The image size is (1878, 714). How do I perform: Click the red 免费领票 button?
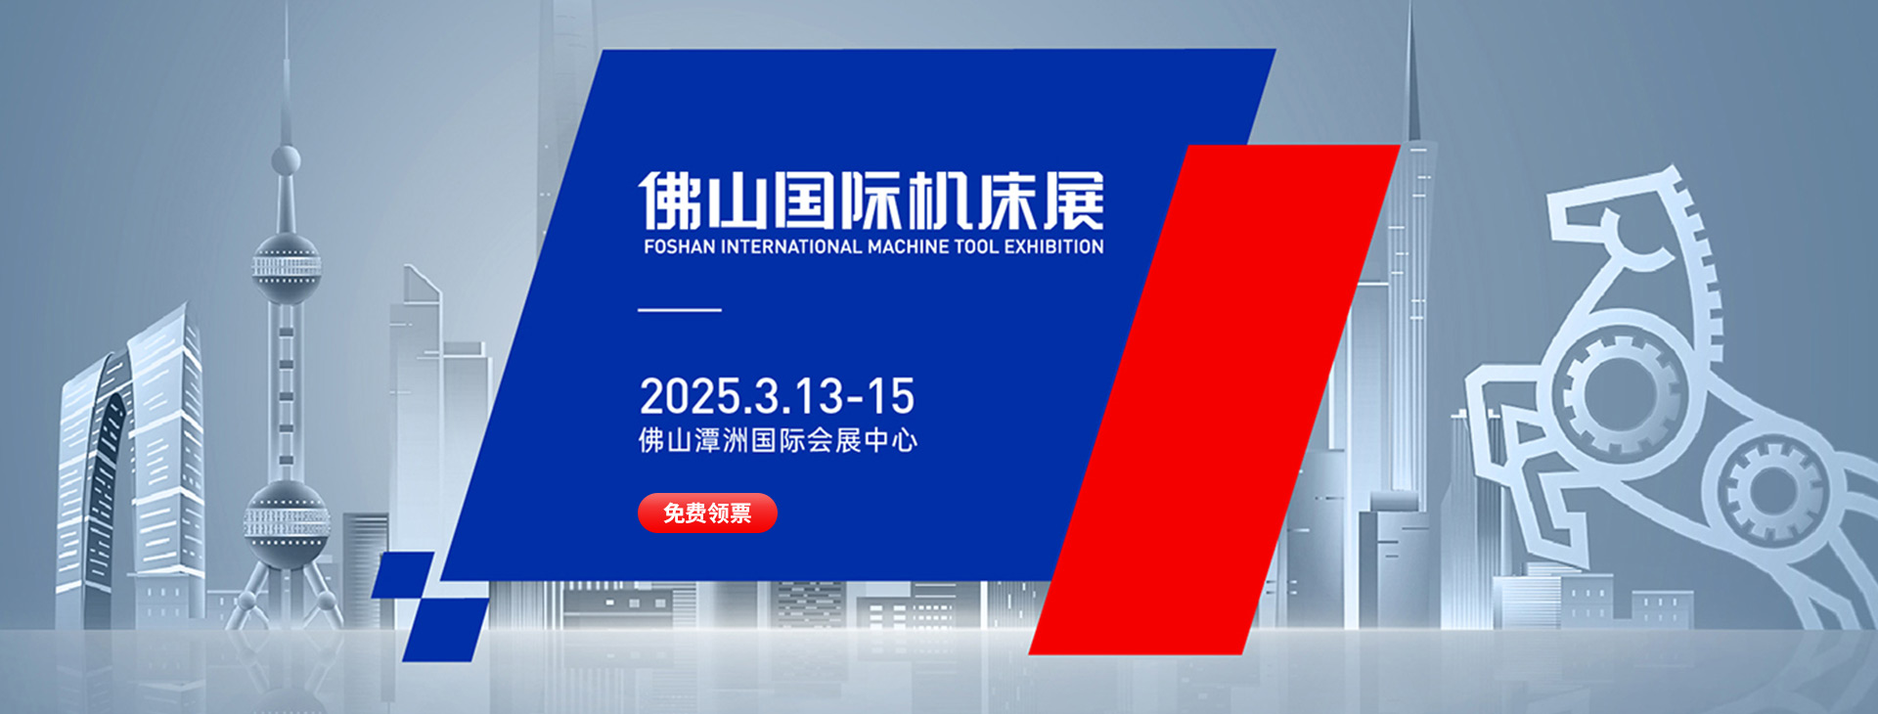(x=707, y=513)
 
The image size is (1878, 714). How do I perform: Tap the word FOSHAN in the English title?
(x=679, y=247)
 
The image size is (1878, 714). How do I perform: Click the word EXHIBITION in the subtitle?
(x=1054, y=247)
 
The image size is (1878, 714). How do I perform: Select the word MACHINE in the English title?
(x=909, y=247)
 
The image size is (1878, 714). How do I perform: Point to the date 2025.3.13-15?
(x=778, y=396)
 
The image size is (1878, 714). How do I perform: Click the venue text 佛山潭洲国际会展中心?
(x=778, y=440)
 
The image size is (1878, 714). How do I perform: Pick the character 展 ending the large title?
(x=1073, y=201)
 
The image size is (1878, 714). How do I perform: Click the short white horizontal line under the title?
(x=680, y=310)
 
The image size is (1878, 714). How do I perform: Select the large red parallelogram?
(x=1215, y=399)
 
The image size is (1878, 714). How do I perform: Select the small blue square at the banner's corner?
(x=403, y=574)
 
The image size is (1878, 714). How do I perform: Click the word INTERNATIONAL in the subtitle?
(x=791, y=247)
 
